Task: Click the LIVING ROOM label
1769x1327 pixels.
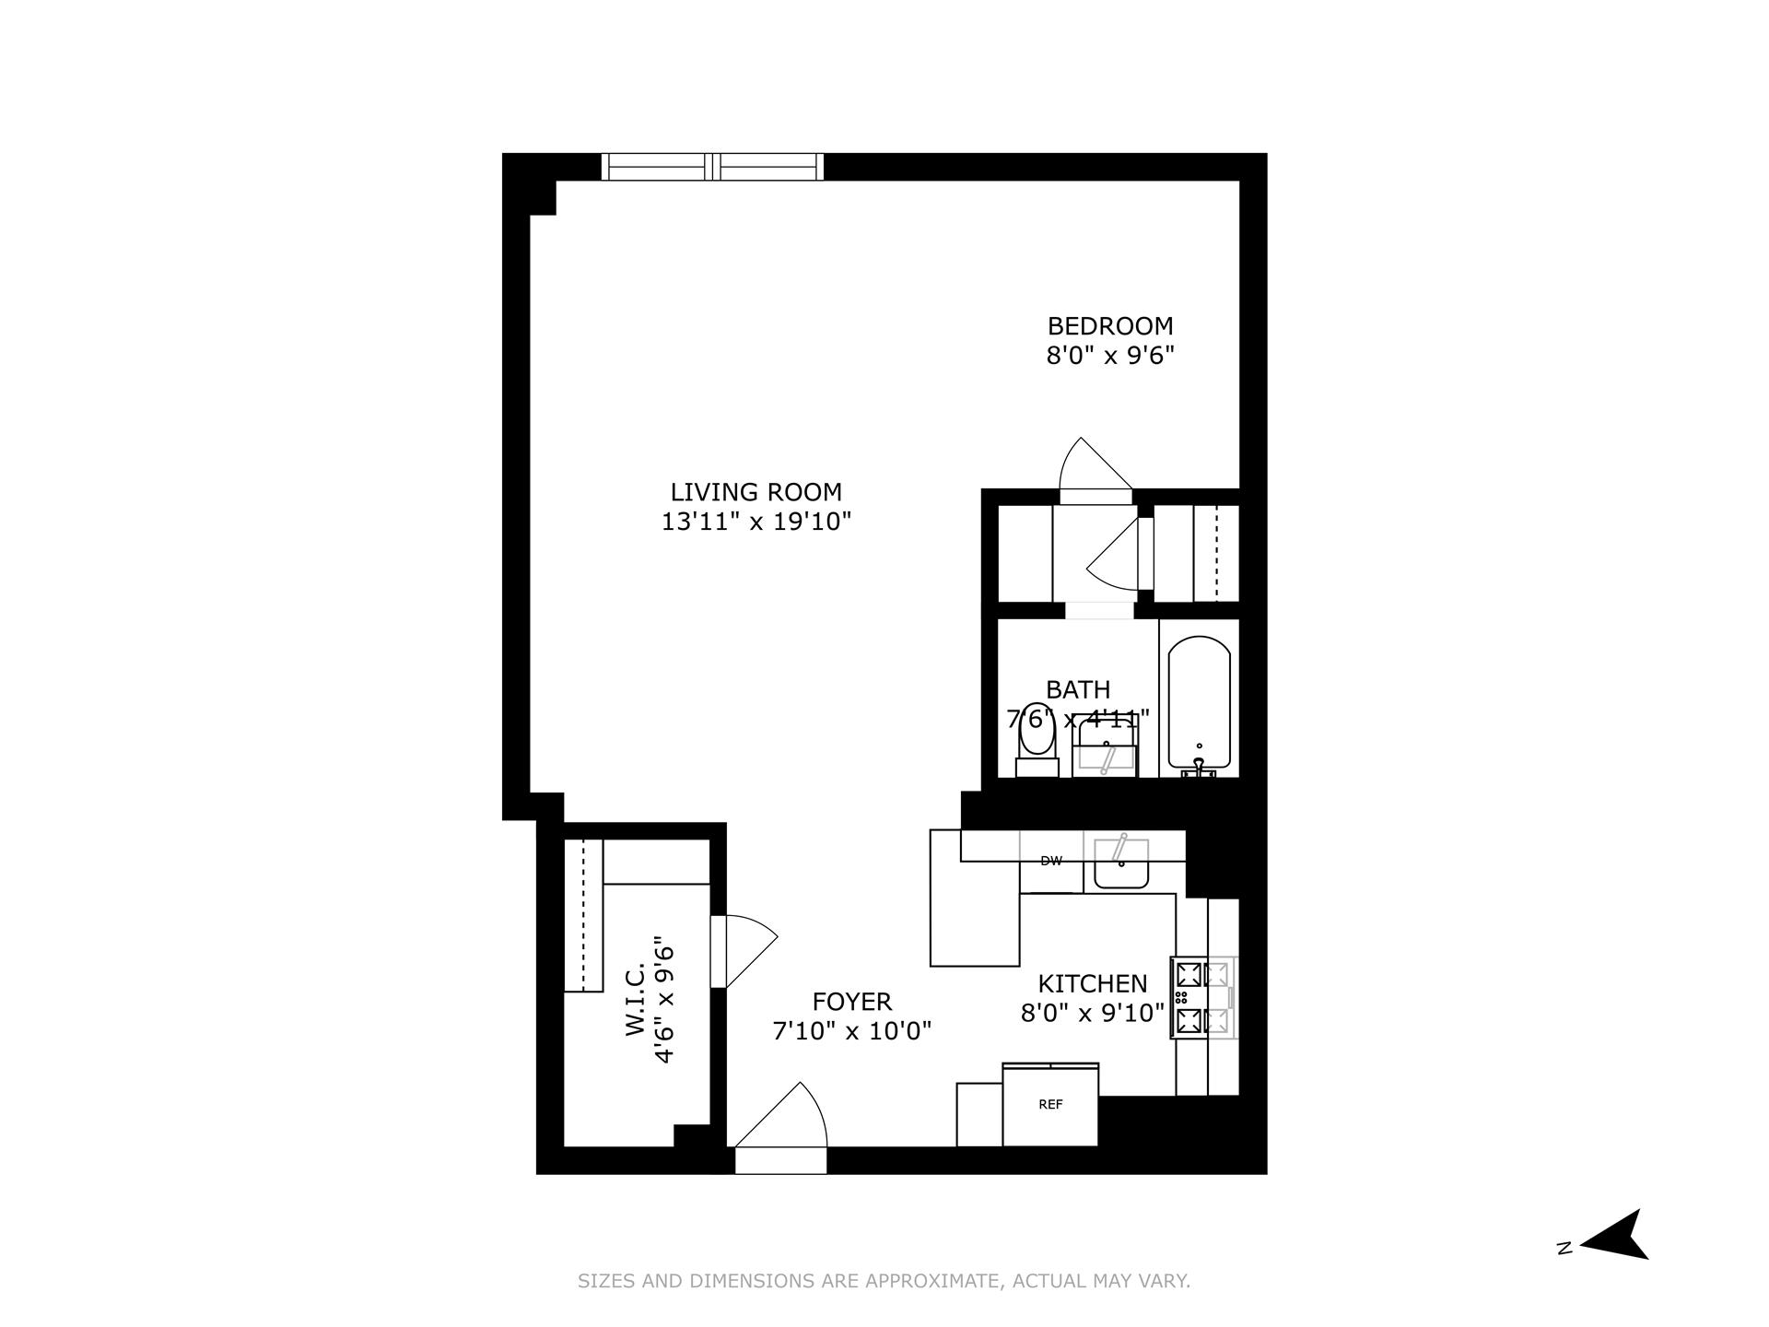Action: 756,492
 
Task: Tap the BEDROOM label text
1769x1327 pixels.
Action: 1110,326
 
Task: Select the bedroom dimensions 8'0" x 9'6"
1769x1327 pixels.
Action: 1110,356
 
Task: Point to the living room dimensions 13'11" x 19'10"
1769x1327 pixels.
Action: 756,522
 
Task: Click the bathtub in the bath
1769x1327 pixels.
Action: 1199,705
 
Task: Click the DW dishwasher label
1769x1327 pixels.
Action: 1051,862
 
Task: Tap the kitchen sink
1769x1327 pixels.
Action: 1120,864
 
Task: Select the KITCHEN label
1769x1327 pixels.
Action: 1093,984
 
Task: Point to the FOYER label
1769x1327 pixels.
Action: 852,1002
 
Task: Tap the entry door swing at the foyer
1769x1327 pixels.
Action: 783,1120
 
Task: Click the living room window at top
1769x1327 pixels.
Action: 712,167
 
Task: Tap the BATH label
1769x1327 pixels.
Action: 1078,689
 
